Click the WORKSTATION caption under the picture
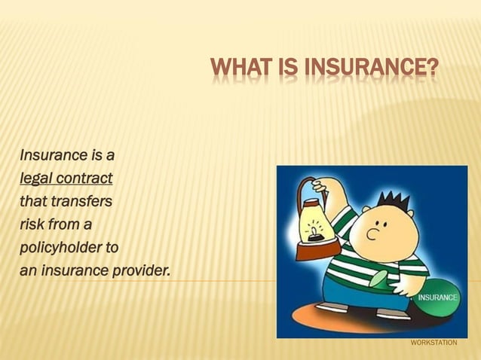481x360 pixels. (x=434, y=343)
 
